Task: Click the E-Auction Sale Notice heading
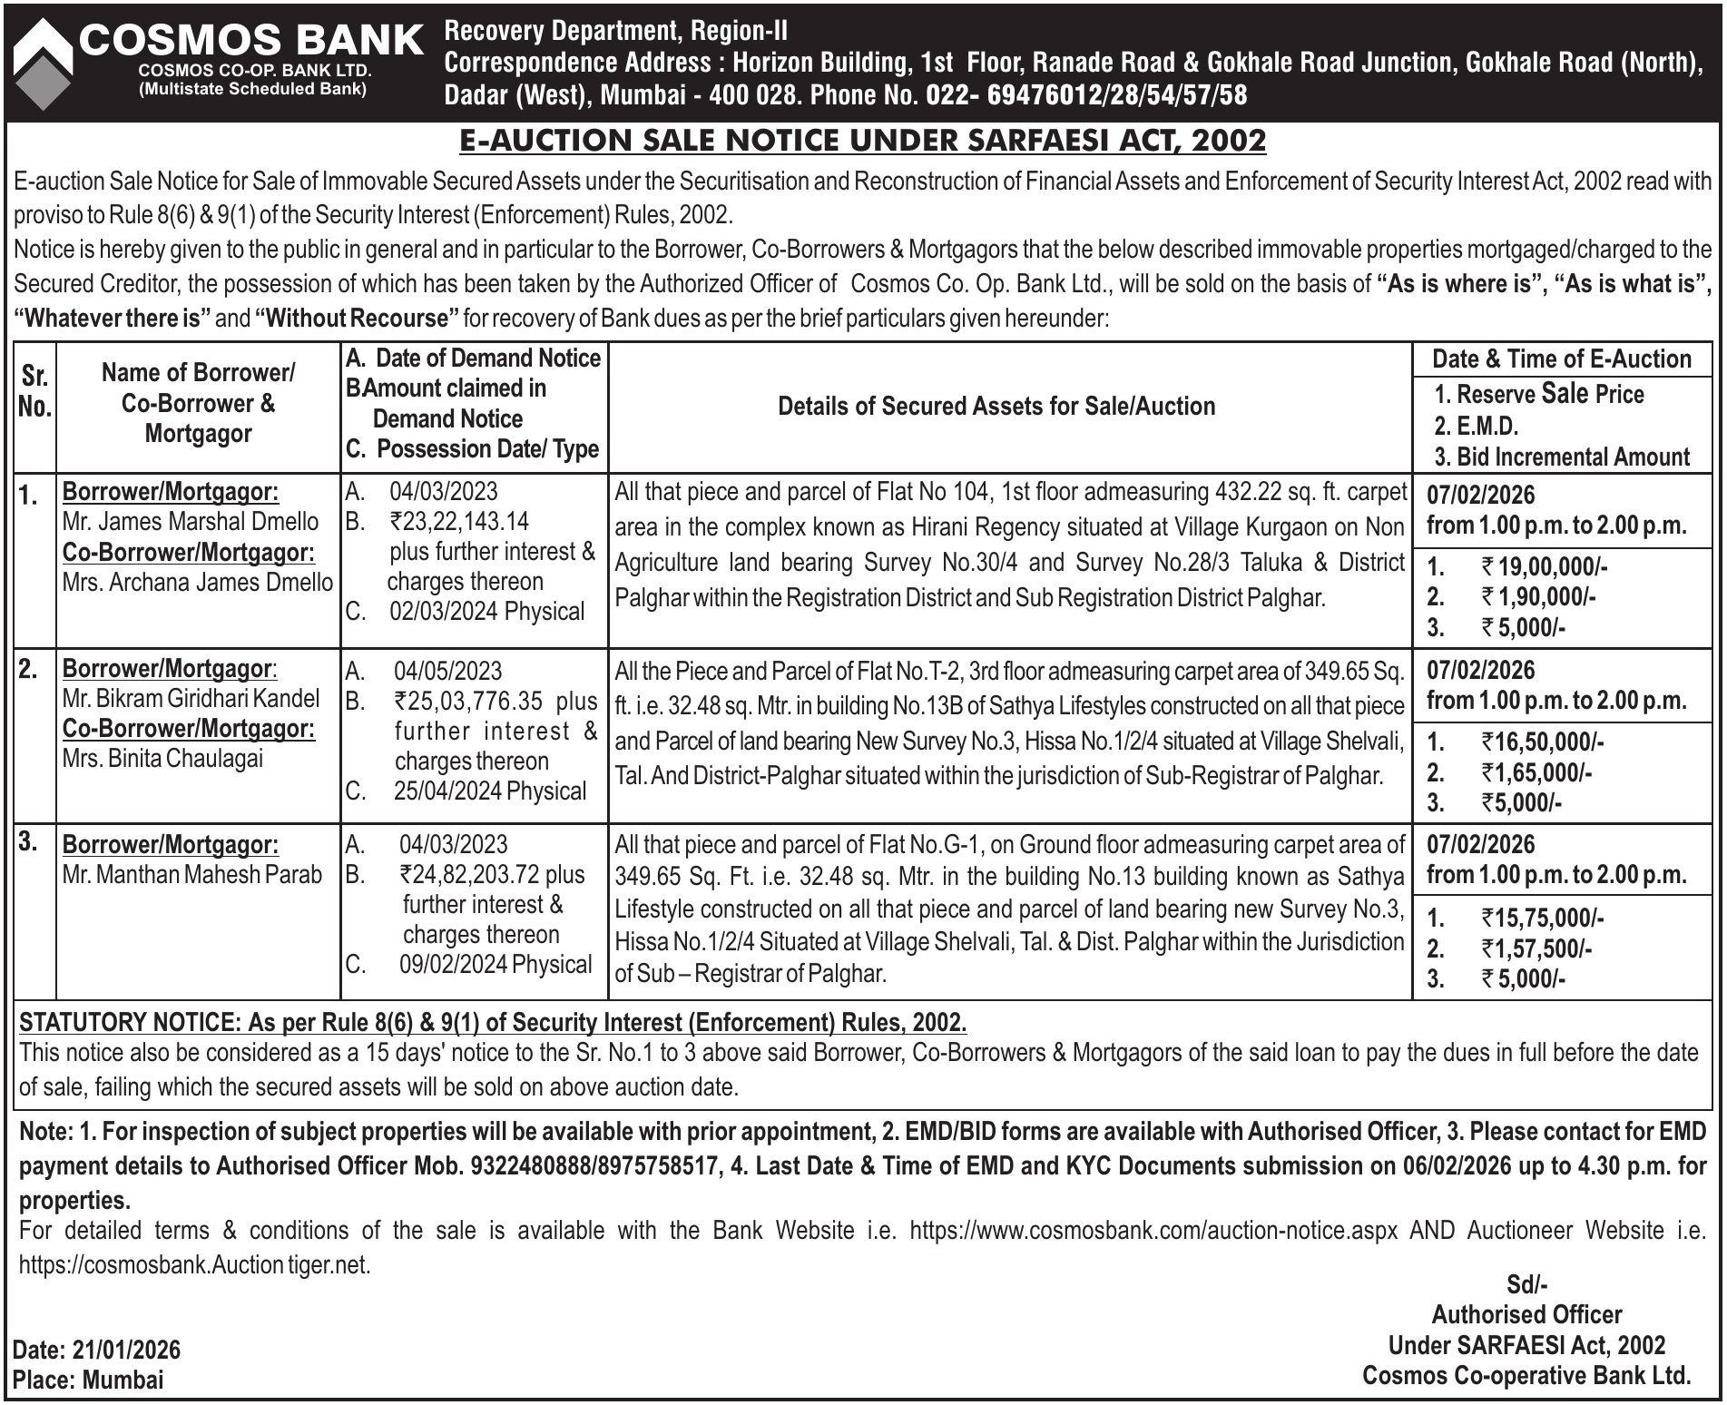pos(862,141)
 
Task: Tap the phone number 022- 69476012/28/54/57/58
pos(1086,95)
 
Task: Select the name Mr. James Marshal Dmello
pos(191,522)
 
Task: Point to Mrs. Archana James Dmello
pos(198,582)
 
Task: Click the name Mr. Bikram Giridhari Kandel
pos(191,698)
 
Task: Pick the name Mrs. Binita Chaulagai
pos(162,758)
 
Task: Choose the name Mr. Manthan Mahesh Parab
pos(192,874)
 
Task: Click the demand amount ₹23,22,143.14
pos(459,522)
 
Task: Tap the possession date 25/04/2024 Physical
pos(490,791)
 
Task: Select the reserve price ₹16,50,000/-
pos(1542,742)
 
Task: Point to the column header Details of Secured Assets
pos(996,407)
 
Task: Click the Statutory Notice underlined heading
pos(493,1023)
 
